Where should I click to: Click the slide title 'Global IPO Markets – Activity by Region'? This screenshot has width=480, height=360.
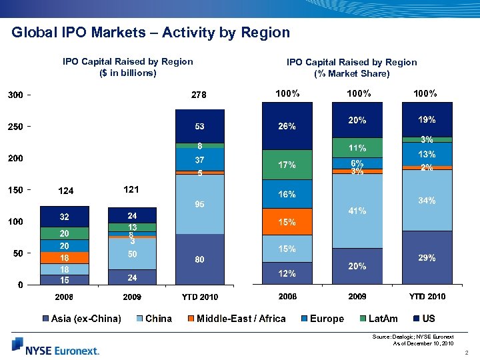(x=151, y=33)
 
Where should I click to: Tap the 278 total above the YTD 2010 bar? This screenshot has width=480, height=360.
(x=199, y=95)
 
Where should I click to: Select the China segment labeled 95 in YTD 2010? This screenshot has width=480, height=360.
(x=199, y=204)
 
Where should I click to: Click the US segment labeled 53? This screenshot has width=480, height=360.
(x=199, y=127)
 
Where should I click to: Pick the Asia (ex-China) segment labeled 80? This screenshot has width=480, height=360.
(x=199, y=259)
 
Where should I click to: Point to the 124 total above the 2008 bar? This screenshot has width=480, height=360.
(x=65, y=191)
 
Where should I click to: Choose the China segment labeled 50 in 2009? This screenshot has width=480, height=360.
(x=132, y=253)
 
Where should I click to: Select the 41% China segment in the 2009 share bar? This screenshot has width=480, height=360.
(x=357, y=211)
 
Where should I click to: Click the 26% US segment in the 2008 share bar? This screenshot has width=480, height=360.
(x=287, y=126)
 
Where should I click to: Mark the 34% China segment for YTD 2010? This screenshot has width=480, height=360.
(x=427, y=200)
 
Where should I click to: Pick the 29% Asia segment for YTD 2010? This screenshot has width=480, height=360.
(x=427, y=257)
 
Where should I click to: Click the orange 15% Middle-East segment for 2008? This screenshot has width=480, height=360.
(x=287, y=221)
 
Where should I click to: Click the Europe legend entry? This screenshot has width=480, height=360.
(x=321, y=319)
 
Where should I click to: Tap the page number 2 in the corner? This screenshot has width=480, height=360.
(x=469, y=352)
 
